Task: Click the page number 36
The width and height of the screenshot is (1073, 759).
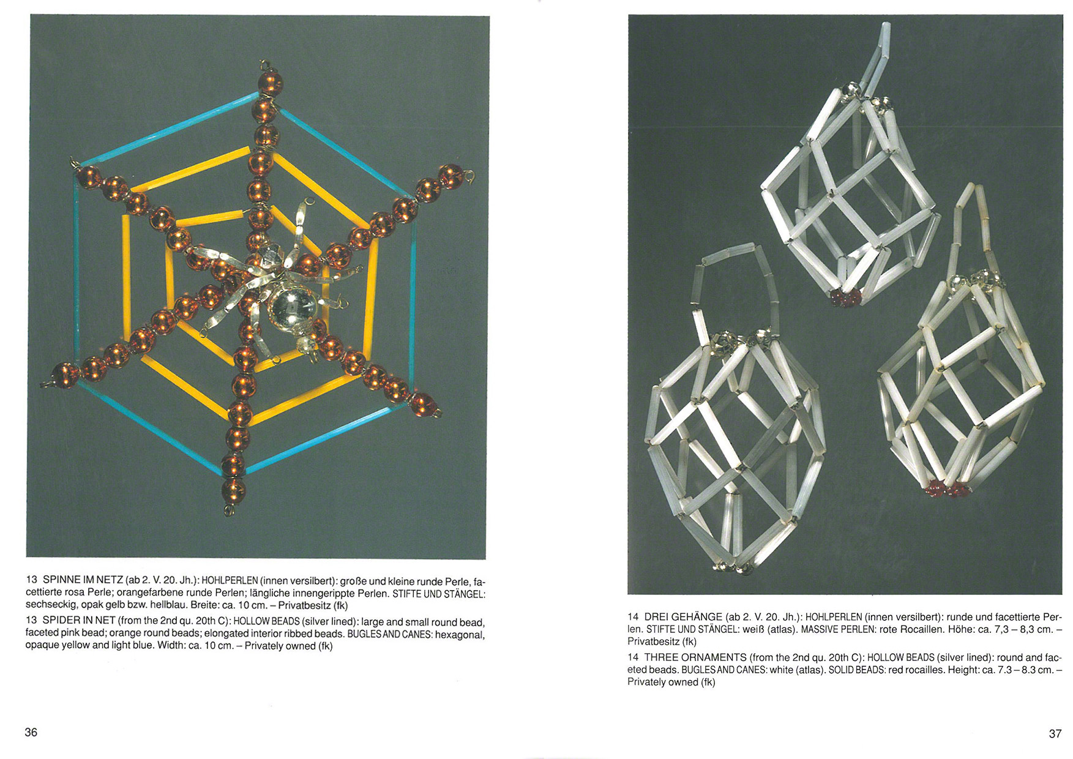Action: click(x=31, y=732)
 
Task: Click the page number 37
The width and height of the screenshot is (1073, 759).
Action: click(x=1055, y=733)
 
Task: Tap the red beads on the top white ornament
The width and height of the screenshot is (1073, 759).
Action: click(x=845, y=297)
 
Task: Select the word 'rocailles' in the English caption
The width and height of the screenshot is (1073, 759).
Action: click(x=924, y=670)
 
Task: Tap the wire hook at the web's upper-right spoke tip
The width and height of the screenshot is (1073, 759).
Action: click(x=470, y=178)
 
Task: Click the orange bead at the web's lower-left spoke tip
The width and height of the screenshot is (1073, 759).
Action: click(x=64, y=375)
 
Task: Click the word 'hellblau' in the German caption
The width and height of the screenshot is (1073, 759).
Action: click(x=168, y=605)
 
